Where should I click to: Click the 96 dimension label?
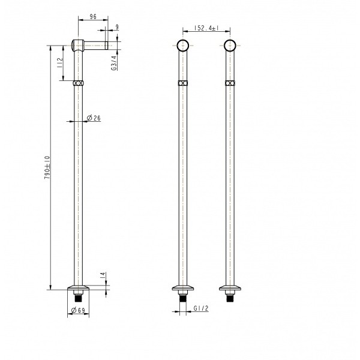tap(93, 17)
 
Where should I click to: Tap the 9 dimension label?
tap(117, 27)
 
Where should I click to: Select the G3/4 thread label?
tap(114, 63)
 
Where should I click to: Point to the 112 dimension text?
tap(60, 62)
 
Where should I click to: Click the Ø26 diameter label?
tap(94, 118)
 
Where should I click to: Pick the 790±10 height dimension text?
tap(47, 167)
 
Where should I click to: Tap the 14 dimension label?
tap(103, 275)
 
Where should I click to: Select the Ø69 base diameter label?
tap(78, 310)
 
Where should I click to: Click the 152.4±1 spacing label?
tap(206, 28)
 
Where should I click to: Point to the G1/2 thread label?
tap(201, 308)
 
